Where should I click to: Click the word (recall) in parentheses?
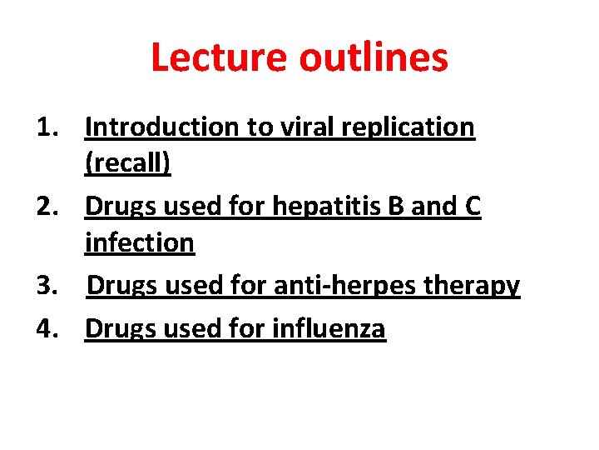[x=127, y=164]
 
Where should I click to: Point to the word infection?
[x=140, y=243]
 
